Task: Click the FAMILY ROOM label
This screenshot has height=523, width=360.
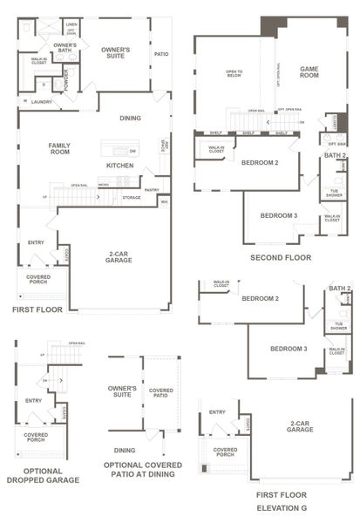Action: pos(59,149)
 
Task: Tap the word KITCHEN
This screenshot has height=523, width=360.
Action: pos(119,165)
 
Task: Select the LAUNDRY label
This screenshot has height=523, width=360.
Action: pos(39,102)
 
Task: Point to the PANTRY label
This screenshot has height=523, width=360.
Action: pos(152,189)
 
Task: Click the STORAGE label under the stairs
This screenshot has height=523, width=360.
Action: pos(131,197)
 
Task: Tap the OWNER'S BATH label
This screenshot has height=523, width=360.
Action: pos(65,48)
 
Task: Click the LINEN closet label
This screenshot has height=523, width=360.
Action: pos(71,25)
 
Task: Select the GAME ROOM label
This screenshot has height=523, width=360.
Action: pos(309,72)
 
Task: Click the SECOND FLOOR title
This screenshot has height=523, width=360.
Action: pos(280,258)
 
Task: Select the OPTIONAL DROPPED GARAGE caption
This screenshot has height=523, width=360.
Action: pos(43,475)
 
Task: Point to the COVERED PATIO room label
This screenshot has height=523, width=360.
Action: pos(161,393)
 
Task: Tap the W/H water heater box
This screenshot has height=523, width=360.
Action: pos(164,202)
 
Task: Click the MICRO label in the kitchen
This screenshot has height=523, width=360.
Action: pos(103,185)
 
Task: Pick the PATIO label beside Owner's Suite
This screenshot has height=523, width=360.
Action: pos(161,54)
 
